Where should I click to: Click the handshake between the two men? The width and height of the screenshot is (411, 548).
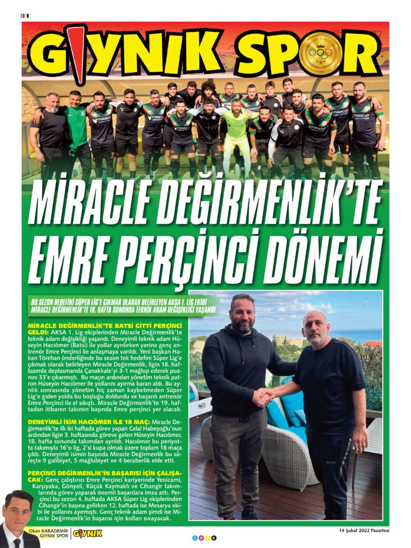point(263,397)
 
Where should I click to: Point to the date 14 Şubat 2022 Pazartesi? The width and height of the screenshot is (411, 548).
point(363,530)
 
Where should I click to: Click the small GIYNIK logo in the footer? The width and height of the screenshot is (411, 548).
point(87,533)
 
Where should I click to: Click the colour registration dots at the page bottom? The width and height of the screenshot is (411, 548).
point(205,537)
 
